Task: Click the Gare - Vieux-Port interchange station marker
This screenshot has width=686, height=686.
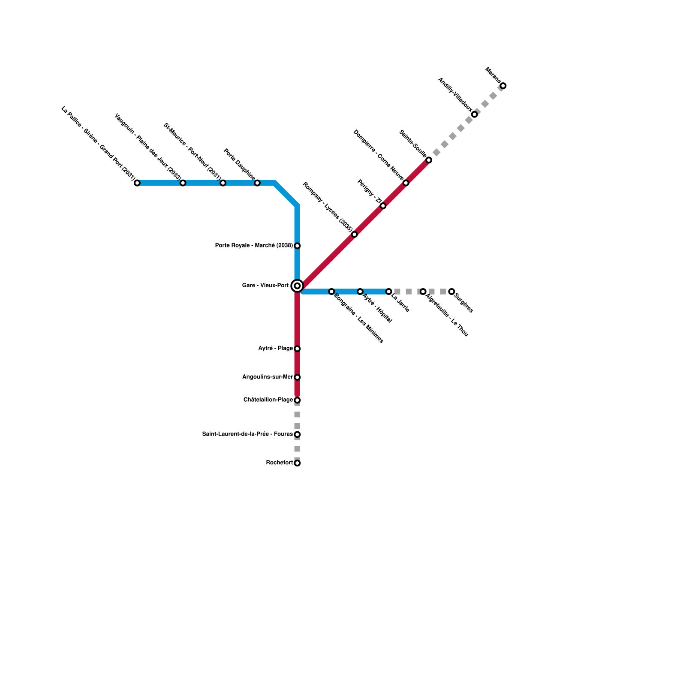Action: [x=297, y=286]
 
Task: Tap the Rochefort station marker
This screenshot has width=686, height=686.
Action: [x=297, y=463]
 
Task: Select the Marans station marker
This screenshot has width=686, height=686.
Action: [x=503, y=86]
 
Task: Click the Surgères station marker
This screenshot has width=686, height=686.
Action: [x=451, y=292]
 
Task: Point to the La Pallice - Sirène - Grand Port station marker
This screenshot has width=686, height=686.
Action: [x=137, y=183]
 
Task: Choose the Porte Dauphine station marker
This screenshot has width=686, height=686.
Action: [x=257, y=183]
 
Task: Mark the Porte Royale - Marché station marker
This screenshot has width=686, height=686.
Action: [x=297, y=246]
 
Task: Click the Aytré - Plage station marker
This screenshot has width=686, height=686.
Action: [x=297, y=349]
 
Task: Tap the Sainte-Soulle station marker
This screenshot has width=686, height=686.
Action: [x=429, y=160]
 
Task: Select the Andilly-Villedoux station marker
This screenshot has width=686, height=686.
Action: [x=474, y=114]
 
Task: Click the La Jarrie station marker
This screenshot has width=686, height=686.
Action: [x=388, y=292]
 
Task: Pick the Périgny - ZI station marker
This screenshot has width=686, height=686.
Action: [x=383, y=206]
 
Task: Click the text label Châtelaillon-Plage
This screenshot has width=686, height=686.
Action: [x=268, y=400]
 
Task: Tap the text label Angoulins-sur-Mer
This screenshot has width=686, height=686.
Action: [x=268, y=377]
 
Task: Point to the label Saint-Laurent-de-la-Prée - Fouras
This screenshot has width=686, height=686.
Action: [x=247, y=434]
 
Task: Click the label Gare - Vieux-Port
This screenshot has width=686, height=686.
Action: [x=265, y=286]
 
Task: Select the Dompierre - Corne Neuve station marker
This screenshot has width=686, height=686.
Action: [x=406, y=183]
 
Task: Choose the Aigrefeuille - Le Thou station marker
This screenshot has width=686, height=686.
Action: [x=423, y=292]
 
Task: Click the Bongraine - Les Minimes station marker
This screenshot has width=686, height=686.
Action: [x=331, y=292]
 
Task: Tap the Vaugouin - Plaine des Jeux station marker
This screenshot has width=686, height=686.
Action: [x=183, y=183]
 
